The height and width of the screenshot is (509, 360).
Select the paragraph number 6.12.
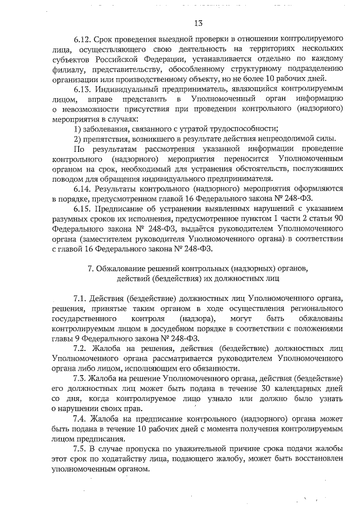83,40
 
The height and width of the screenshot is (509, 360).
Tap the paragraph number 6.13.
83,89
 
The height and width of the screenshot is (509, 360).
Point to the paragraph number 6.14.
83,187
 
